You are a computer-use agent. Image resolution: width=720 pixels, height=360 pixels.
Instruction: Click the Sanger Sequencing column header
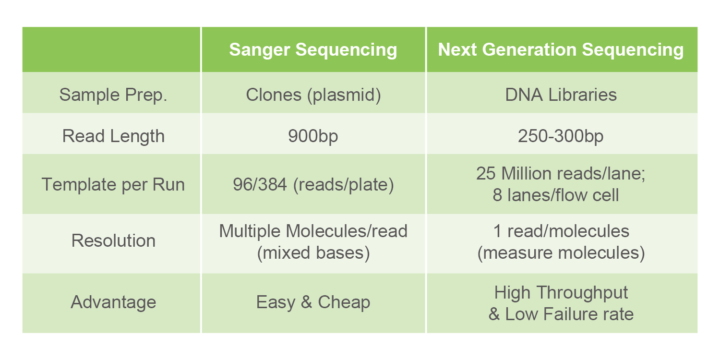point(313,50)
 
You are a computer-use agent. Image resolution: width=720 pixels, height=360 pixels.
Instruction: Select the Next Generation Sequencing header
point(561,50)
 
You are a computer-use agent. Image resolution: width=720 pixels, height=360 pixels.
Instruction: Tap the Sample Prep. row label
point(113,95)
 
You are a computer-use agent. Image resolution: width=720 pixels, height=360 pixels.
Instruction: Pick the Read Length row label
point(113,136)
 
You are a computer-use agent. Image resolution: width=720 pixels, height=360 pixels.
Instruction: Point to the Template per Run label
point(113,185)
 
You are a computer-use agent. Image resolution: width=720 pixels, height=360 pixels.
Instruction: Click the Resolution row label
point(113,241)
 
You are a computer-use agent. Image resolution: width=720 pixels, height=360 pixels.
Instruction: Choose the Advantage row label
point(113,302)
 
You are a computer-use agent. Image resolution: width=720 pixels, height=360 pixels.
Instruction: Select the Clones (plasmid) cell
point(313,95)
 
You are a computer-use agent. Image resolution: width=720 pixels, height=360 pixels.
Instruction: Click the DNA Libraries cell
point(561,95)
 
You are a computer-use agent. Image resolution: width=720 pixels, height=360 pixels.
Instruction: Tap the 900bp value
point(313,136)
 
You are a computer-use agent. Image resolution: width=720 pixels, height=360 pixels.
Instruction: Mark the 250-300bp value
point(561,136)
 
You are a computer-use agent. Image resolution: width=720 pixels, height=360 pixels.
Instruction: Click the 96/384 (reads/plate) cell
point(313,185)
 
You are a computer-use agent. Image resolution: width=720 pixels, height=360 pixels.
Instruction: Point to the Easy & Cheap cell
point(313,302)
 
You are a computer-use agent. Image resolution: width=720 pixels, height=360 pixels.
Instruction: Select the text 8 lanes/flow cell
point(556,195)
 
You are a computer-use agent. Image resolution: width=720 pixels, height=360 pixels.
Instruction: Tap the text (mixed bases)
point(313,253)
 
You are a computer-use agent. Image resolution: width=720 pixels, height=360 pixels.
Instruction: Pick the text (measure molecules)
point(561,253)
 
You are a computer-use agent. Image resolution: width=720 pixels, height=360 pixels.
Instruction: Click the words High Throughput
point(561,293)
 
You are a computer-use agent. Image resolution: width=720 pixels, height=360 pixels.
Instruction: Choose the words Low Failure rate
point(569,314)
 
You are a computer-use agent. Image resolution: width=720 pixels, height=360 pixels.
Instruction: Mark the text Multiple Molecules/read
point(313,231)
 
